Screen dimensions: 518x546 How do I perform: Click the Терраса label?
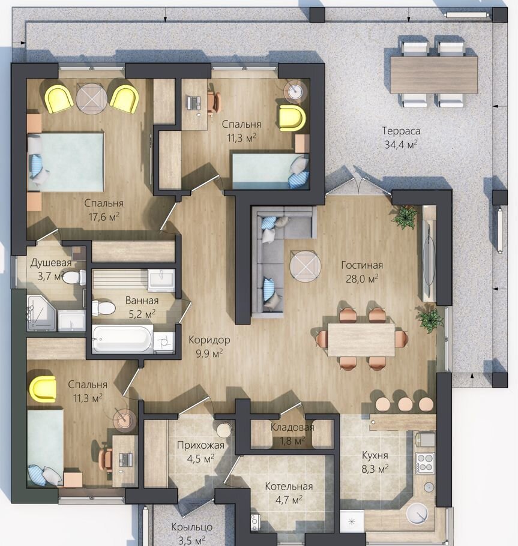coord(401,131)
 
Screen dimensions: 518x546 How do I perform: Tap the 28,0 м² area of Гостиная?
coord(362,278)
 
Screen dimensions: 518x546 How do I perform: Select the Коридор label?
coord(209,340)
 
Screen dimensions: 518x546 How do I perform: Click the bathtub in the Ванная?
coord(122,338)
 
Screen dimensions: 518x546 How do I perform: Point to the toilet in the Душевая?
coord(74,277)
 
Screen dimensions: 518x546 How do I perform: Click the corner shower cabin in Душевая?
coord(41,313)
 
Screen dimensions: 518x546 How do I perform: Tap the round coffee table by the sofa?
coord(305,266)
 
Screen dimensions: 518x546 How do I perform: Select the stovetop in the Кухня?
coord(425,463)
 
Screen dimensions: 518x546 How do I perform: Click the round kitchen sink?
coord(417,514)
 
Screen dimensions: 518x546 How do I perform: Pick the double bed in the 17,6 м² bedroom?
coord(65,161)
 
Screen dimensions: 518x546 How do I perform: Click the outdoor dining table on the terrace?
coord(434,75)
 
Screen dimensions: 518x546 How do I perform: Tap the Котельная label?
coord(289,486)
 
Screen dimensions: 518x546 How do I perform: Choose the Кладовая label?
coord(292,427)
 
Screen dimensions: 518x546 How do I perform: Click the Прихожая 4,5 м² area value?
coord(200,458)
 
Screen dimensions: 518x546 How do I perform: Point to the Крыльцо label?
coord(191,527)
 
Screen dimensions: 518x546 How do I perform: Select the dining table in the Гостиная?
coord(361,340)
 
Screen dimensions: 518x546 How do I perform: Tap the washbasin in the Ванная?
coord(161,280)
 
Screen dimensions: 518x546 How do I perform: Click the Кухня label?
coord(375,455)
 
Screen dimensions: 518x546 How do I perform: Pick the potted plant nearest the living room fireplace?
coord(405,217)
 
